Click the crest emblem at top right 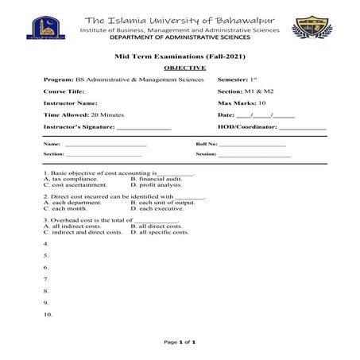(x=312, y=30)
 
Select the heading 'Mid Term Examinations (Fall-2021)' (x=180, y=58)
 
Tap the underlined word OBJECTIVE (x=180, y=68)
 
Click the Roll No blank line (x=253, y=144)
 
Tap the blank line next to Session (x=254, y=153)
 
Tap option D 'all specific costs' (x=159, y=232)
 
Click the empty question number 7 (x=46, y=279)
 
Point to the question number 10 (x=48, y=315)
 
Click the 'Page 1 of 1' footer (x=180, y=343)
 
